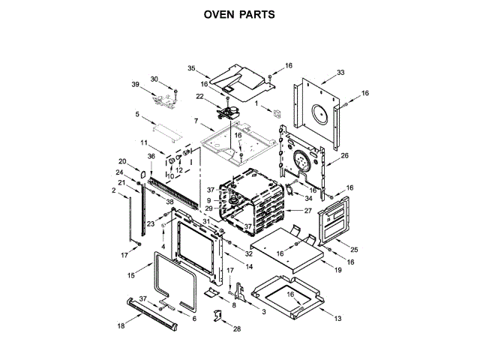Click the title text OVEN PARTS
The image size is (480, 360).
tap(239, 13)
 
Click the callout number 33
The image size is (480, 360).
tap(340, 73)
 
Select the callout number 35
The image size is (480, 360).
tap(191, 68)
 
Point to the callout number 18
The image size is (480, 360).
tap(121, 326)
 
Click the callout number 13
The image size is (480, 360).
tap(337, 319)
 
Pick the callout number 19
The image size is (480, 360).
tap(338, 269)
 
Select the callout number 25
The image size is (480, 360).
tap(355, 249)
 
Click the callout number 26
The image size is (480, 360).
tap(345, 156)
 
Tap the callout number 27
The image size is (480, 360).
tap(307, 211)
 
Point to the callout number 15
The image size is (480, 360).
tap(130, 276)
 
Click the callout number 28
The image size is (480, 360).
tap(237, 329)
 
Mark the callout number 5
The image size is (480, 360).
tap(137, 114)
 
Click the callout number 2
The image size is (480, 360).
tap(114, 191)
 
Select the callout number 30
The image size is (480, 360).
tap(154, 79)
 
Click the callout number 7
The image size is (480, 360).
tap(196, 121)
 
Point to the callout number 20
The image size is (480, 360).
tap(123, 161)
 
